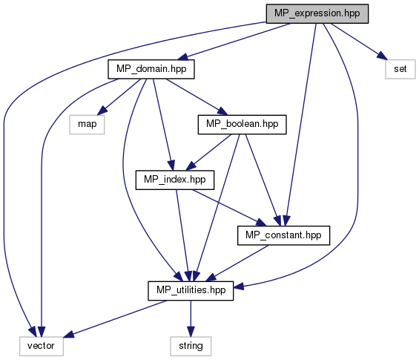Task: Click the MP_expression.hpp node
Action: click(317, 13)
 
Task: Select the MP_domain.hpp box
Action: click(151, 69)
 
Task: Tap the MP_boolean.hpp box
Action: click(242, 125)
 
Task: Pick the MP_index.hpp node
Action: click(175, 180)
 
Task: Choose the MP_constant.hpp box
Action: click(283, 235)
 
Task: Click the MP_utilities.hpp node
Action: click(191, 291)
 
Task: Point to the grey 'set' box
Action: click(400, 69)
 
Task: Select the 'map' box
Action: click(87, 125)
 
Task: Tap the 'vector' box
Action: click(41, 346)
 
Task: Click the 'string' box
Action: click(191, 346)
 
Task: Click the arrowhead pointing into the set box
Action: click(382, 56)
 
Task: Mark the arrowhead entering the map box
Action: click(102, 111)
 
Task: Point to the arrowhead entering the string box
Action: click(191, 331)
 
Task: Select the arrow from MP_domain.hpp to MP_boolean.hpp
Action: click(196, 96)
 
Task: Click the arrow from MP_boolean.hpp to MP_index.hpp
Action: click(208, 152)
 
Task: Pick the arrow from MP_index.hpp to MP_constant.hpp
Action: click(229, 208)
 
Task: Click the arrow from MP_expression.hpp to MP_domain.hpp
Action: click(234, 42)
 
